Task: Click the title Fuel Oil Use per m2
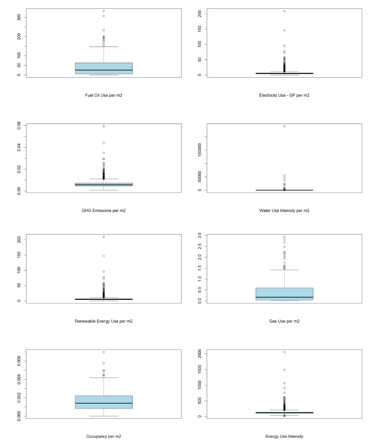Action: [x=103, y=95]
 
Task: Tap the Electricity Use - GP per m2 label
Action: [x=284, y=95]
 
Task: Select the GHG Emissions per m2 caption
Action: [x=103, y=211]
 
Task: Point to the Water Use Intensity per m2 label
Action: [x=284, y=211]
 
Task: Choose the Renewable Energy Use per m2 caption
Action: [x=103, y=321]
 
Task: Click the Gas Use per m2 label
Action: [x=284, y=321]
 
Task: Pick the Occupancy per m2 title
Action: [x=103, y=436]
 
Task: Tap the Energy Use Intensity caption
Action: [x=284, y=436]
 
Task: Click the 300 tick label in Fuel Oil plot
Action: [x=19, y=17]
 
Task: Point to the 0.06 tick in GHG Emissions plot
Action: [x=19, y=125]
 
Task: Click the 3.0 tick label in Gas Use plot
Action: [x=199, y=235]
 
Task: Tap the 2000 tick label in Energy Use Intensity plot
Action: [x=199, y=354]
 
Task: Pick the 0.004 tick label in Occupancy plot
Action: [x=19, y=380]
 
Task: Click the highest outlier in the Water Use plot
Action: [x=284, y=126]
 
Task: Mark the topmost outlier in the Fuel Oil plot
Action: [x=104, y=11]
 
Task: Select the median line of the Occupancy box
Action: [x=104, y=403]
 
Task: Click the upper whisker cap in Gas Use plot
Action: [x=284, y=270]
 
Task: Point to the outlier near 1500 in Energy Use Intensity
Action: [x=284, y=370]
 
